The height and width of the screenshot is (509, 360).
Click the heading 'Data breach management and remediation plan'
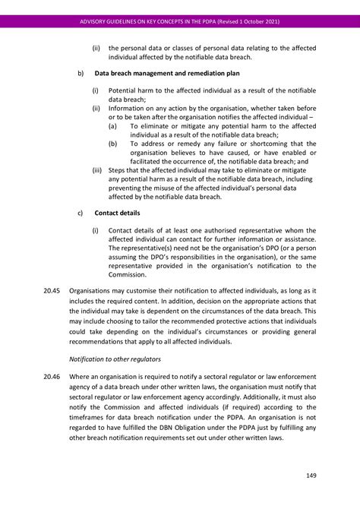pos(167,74)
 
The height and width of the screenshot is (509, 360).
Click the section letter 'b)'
pos(81,74)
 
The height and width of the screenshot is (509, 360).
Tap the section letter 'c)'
pos(81,213)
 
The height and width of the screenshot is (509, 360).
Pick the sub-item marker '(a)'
pos(112,126)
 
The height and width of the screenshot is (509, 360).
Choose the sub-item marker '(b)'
pos(112,144)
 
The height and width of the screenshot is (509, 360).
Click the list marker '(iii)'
pos(97,170)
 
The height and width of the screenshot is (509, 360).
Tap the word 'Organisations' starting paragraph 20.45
pos(91,290)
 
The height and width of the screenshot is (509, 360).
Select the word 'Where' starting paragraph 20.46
pos(79,377)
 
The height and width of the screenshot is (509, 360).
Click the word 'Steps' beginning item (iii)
pos(118,170)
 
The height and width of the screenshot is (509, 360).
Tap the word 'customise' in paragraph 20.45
pos(145,290)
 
